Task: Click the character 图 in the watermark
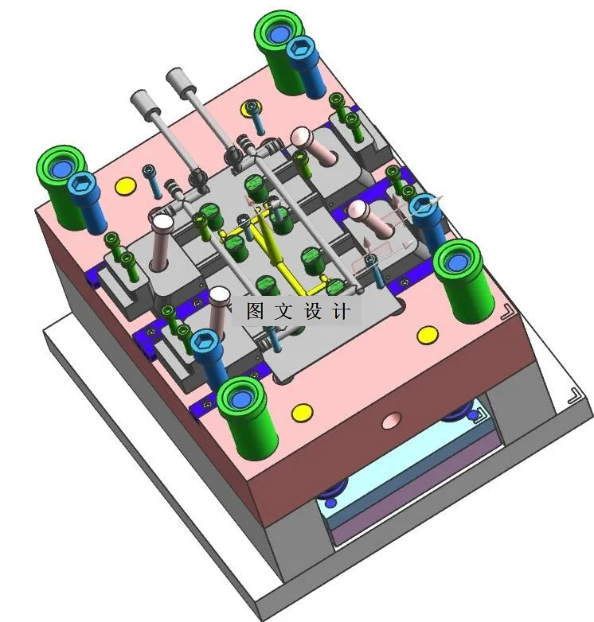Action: tap(255, 311)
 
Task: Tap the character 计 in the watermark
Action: tap(342, 311)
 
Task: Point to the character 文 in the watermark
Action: tap(283, 311)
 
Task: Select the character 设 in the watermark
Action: tap(312, 311)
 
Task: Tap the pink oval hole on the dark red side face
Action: tap(392, 421)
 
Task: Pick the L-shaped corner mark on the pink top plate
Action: tap(507, 312)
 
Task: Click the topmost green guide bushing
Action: tap(280, 52)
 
